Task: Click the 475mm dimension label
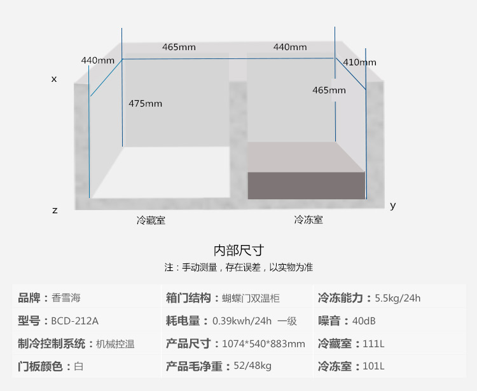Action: [145, 103]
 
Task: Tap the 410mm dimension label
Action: [359, 62]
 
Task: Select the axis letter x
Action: [54, 79]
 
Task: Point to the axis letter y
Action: [392, 205]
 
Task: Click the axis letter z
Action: [55, 210]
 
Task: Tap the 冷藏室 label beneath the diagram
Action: [151, 220]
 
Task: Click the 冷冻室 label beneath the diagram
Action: [308, 220]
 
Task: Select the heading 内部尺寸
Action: [238, 249]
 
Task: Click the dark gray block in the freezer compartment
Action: [306, 185]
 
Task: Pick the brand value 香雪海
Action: [66, 298]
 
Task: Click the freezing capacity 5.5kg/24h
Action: [397, 298]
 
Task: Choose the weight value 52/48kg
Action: [252, 366]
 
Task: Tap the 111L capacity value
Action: [373, 343]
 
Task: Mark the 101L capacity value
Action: [373, 366]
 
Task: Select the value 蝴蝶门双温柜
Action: [251, 298]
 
